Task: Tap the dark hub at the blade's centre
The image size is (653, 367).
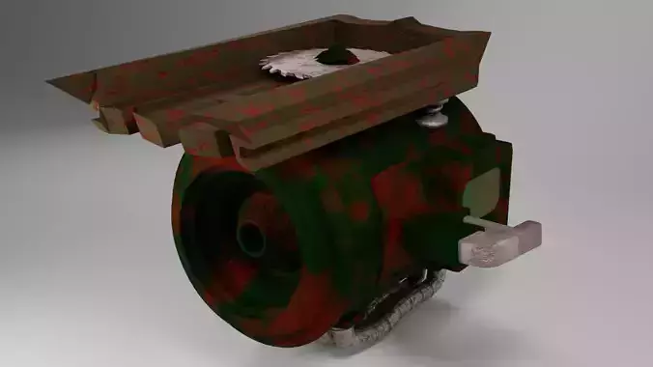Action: point(337,55)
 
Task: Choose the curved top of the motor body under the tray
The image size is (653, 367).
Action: point(386,145)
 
